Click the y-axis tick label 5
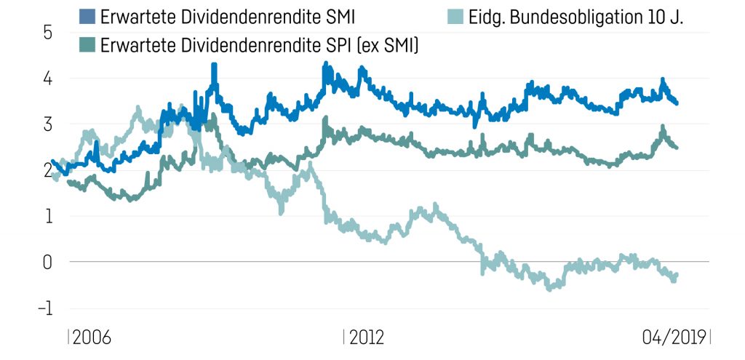(x=47, y=32)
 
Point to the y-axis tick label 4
(x=47, y=78)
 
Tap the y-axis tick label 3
(x=47, y=124)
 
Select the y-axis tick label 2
(x=47, y=170)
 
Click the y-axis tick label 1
(x=48, y=216)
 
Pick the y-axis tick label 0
(x=47, y=262)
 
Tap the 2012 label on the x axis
(x=366, y=337)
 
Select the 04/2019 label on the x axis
(x=674, y=337)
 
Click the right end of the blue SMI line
(x=677, y=103)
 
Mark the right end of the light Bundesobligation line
(x=677, y=275)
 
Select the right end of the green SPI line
(x=677, y=148)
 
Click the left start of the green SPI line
(x=69, y=183)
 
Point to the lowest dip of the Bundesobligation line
(x=549, y=288)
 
